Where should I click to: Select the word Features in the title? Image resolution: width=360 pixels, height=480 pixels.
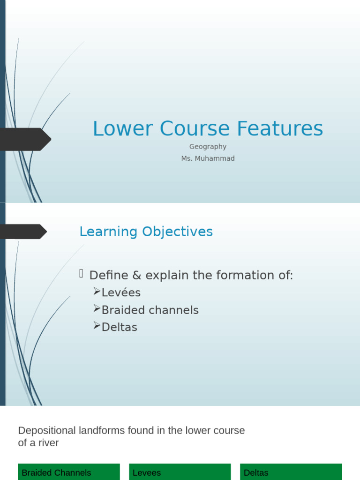coord(279,129)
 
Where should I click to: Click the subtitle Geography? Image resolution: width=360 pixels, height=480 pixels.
coord(208,147)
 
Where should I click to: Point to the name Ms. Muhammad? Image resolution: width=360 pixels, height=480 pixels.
coord(208,158)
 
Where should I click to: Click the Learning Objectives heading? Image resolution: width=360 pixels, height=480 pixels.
coord(146,232)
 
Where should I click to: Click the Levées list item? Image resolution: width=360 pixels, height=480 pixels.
coord(121,292)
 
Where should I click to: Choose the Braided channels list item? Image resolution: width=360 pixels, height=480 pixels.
coord(150,310)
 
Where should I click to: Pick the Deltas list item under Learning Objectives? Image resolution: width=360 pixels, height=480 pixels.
coord(119,327)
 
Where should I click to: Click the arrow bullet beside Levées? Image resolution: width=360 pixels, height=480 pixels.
coord(97,292)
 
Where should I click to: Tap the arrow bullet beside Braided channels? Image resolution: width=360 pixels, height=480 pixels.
coord(97,308)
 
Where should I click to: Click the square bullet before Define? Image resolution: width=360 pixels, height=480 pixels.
coord(82,274)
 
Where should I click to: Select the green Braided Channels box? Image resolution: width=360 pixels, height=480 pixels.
coord(69,472)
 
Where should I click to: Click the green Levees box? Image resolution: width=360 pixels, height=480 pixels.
coord(180,472)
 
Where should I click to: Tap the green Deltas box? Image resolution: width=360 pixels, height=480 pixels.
coord(291,472)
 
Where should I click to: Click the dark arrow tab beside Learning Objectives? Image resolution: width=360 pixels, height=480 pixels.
coord(23,232)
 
